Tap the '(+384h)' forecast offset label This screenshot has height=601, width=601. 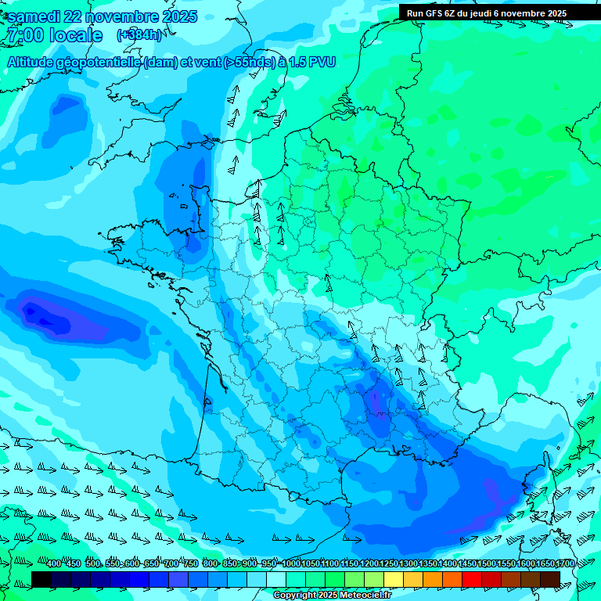point(139,35)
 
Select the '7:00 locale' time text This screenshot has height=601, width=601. point(54,36)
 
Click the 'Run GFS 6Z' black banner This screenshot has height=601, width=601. point(486,13)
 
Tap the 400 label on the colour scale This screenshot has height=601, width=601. point(54,564)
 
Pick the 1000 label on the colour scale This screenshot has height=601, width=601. point(292,564)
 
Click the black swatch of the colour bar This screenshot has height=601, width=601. point(41,579)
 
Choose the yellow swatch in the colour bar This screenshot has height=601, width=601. point(393,579)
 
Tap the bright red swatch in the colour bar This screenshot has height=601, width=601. point(471,579)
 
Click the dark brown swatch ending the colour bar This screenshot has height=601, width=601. point(550,579)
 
